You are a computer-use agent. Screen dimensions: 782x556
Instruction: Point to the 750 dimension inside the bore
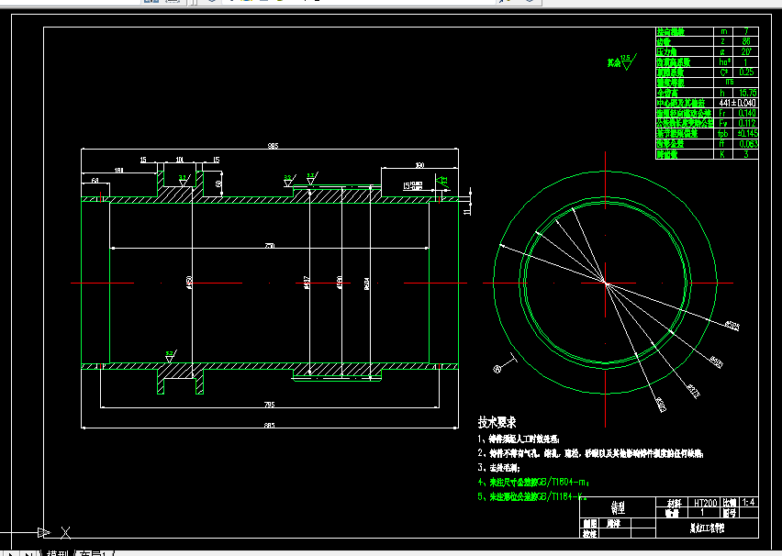click(269, 246)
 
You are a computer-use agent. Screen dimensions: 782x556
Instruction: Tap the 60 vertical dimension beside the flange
click(218, 183)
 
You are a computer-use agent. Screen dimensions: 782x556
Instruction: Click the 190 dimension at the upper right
click(419, 165)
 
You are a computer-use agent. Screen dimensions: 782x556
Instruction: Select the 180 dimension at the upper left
click(119, 170)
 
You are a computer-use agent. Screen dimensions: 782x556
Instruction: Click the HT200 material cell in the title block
click(705, 503)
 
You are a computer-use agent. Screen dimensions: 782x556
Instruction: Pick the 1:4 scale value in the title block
click(748, 503)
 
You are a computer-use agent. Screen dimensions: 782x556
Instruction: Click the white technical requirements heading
click(497, 423)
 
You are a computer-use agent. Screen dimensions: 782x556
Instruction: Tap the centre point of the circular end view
click(606, 283)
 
